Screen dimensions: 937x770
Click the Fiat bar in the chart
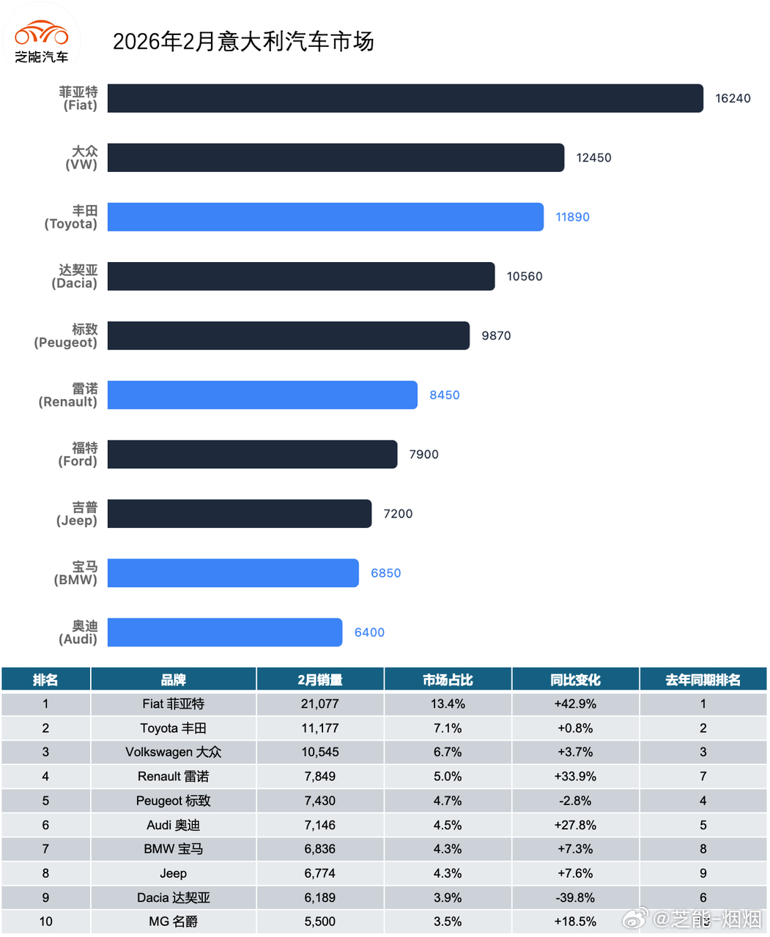click(405, 98)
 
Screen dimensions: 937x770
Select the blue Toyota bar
click(325, 217)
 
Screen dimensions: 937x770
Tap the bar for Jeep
click(240, 513)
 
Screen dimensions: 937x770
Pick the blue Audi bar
click(225, 632)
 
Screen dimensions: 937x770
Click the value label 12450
click(593, 157)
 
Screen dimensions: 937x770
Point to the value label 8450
click(444, 395)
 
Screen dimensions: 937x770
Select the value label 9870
click(496, 336)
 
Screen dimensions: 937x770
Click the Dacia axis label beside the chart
click(75, 277)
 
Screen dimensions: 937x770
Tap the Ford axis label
click(78, 455)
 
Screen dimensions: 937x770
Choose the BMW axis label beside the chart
click(76, 573)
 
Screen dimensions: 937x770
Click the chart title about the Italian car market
click(243, 42)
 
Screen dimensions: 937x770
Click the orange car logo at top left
click(42, 34)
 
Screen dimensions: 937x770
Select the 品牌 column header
click(173, 680)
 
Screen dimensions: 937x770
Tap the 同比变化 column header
click(575, 680)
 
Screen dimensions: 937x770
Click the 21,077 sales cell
click(319, 704)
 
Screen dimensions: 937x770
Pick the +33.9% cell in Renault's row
click(575, 777)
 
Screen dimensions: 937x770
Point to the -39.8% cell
click(575, 897)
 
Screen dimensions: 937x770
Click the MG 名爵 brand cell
click(173, 922)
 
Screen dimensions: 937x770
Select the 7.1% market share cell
click(447, 728)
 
